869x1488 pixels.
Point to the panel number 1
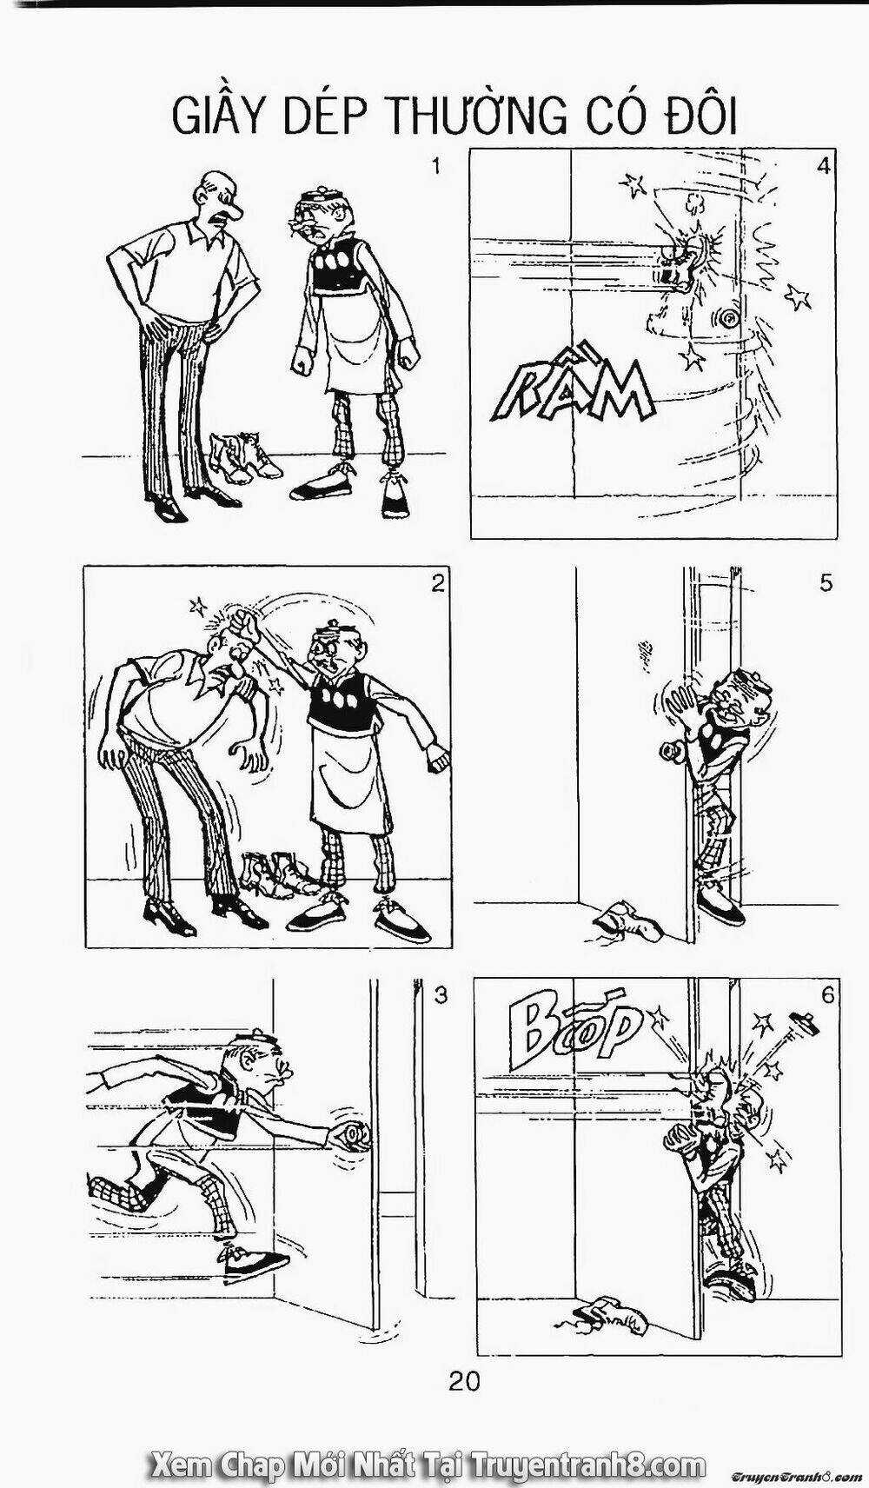(x=436, y=167)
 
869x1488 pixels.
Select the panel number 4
(x=823, y=166)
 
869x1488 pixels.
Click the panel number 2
(x=436, y=584)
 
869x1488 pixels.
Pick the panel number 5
(x=826, y=582)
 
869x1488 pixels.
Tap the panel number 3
(x=440, y=996)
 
